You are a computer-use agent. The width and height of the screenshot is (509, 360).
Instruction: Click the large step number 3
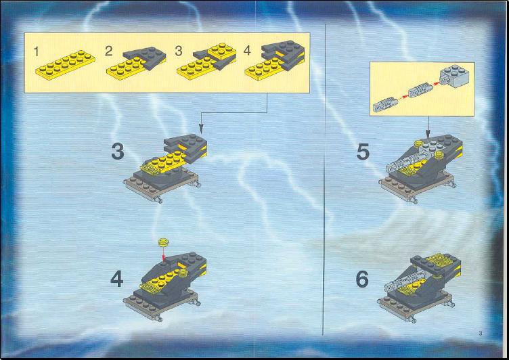tap(118, 152)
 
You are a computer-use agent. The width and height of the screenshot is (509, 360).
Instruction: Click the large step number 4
tap(117, 279)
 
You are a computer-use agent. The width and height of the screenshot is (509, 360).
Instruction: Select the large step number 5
tap(363, 152)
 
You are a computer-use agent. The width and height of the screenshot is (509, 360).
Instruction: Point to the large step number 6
tap(362, 279)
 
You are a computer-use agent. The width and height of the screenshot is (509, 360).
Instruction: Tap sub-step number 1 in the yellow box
tap(36, 51)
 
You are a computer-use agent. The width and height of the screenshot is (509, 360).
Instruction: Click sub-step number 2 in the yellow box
tap(108, 51)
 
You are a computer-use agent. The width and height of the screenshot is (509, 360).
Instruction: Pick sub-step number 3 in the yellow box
tap(179, 51)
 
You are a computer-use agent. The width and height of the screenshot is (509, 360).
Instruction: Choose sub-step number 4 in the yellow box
tap(247, 50)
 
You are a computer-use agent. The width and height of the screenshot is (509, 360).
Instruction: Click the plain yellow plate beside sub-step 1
tap(65, 64)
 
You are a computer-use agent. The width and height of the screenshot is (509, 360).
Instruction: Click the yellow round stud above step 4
tap(164, 242)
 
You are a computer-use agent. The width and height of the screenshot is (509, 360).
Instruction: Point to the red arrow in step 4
tap(164, 253)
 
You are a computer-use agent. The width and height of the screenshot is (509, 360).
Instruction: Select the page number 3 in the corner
tap(481, 333)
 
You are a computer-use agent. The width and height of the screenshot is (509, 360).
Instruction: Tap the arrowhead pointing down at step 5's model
tap(428, 134)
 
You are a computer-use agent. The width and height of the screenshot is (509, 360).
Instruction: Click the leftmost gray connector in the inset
tap(385, 104)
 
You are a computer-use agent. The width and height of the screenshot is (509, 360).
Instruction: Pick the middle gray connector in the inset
tap(421, 90)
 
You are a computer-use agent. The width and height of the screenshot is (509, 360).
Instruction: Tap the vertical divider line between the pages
tap(324, 179)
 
